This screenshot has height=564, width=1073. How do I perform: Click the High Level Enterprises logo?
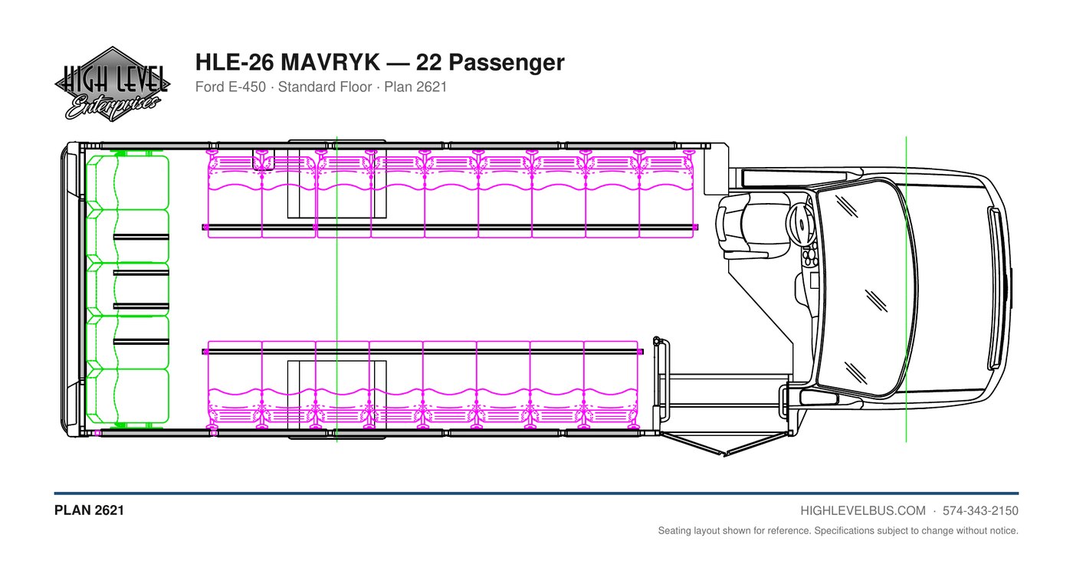coord(113,84)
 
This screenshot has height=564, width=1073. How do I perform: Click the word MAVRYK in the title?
coord(330,62)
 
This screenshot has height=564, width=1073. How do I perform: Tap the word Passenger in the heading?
coord(507,63)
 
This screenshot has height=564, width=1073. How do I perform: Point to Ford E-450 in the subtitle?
coord(231,87)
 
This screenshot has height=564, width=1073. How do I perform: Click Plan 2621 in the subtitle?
coord(415,87)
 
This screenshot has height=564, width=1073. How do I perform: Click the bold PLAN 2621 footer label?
coord(89,510)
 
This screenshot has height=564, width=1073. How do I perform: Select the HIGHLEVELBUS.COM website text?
coord(863,511)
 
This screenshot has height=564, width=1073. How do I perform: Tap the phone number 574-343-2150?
coord(980,511)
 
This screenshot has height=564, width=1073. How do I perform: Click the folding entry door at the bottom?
coord(726,444)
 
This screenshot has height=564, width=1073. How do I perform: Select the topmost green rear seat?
coord(127,182)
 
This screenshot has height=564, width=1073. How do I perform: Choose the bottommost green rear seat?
coord(127,396)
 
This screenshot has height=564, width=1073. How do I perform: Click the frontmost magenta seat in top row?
coord(666,196)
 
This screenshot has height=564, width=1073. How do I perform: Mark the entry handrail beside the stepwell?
coord(662,379)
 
